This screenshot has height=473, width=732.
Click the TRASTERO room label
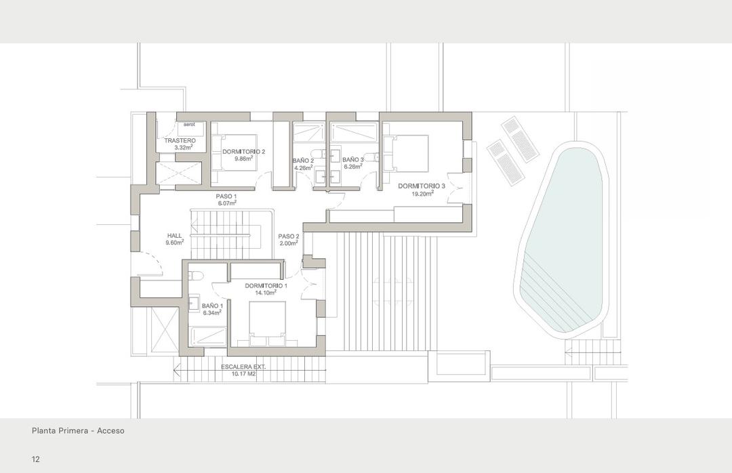pyautogui.click(x=180, y=141)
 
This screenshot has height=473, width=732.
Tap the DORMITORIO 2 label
pyautogui.click(x=243, y=151)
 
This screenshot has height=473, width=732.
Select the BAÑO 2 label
pyautogui.click(x=303, y=161)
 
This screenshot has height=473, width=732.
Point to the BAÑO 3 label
pyautogui.click(x=353, y=160)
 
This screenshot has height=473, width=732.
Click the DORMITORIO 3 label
pyautogui.click(x=422, y=186)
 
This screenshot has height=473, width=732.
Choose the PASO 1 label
pyautogui.click(x=226, y=197)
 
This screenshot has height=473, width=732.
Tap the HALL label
pyautogui.click(x=175, y=236)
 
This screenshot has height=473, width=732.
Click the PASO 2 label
pyautogui.click(x=288, y=236)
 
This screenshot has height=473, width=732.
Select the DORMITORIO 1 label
pyautogui.click(x=266, y=286)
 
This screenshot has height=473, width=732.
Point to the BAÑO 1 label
pyautogui.click(x=212, y=306)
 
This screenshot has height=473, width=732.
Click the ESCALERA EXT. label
pyautogui.click(x=243, y=367)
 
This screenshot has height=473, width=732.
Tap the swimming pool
pyautogui.click(x=563, y=237)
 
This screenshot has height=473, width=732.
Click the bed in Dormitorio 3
pyautogui.click(x=406, y=154)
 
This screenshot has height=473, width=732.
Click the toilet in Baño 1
pyautogui.click(x=196, y=276)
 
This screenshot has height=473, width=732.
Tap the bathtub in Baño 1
pyautogui.click(x=208, y=336)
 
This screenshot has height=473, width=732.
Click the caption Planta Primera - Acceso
pyautogui.click(x=78, y=430)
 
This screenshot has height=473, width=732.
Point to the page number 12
pyautogui.click(x=35, y=459)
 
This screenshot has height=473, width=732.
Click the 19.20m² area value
pyautogui.click(x=422, y=193)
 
